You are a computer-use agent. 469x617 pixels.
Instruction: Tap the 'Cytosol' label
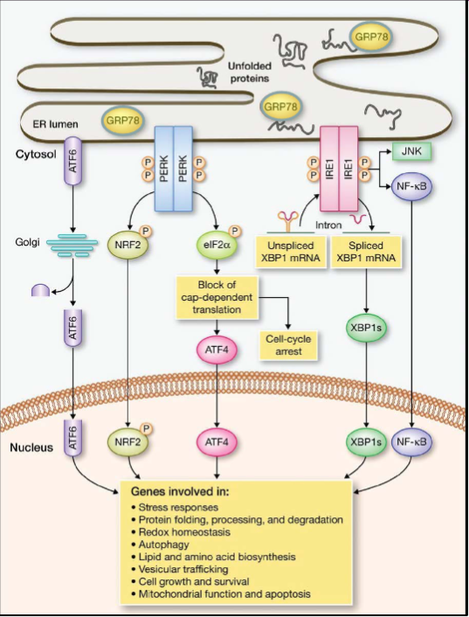36,154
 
